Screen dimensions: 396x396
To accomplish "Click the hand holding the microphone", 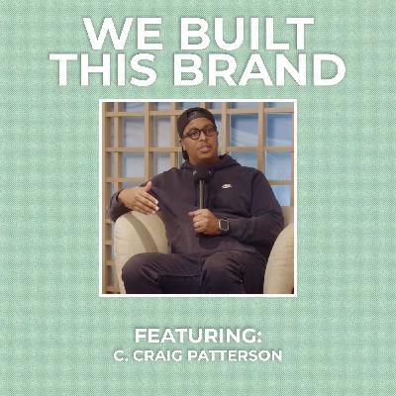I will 205,221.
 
